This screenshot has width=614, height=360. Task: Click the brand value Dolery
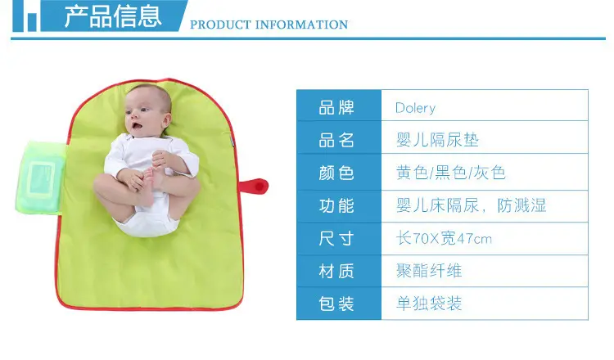tap(415, 108)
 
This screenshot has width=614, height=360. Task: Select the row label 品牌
tap(336, 108)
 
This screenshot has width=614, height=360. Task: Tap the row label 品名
tap(336, 140)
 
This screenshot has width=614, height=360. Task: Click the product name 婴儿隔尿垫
tap(437, 140)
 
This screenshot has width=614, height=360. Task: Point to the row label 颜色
tap(336, 173)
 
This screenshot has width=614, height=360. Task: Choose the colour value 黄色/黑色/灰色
tap(451, 173)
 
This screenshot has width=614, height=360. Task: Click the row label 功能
tap(336, 206)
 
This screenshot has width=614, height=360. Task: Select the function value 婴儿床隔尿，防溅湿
tap(471, 205)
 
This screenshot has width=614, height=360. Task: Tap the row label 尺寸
tap(336, 238)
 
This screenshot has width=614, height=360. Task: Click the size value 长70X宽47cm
tap(444, 238)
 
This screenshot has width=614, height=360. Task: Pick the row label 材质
tap(336, 271)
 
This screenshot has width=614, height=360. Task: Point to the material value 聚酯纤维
tap(429, 271)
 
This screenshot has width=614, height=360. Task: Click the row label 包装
tap(336, 304)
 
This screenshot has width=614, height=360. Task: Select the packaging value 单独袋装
tap(429, 304)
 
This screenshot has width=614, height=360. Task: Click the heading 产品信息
tap(113, 16)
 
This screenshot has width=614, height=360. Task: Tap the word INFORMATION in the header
tap(301, 25)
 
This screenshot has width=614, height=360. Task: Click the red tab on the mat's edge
tap(254, 186)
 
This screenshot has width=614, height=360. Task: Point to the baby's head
tap(147, 110)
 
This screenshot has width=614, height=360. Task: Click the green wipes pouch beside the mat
tap(41, 178)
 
